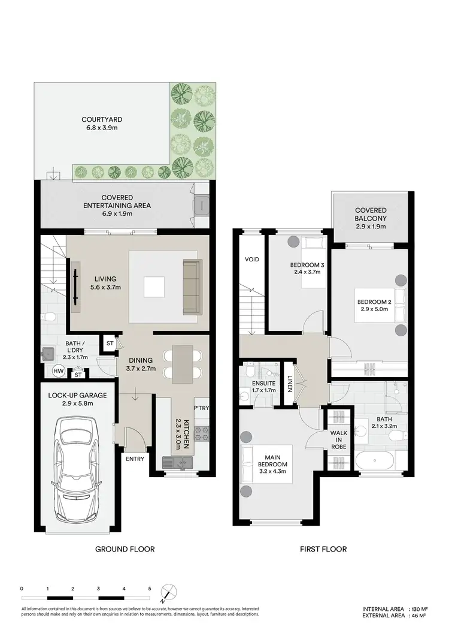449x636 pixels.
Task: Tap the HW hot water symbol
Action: [59, 372]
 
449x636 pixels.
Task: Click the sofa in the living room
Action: [192, 287]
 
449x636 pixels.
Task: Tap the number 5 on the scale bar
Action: [150, 589]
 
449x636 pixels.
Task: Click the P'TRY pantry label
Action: [201, 407]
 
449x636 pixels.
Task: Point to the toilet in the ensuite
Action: [244, 395]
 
